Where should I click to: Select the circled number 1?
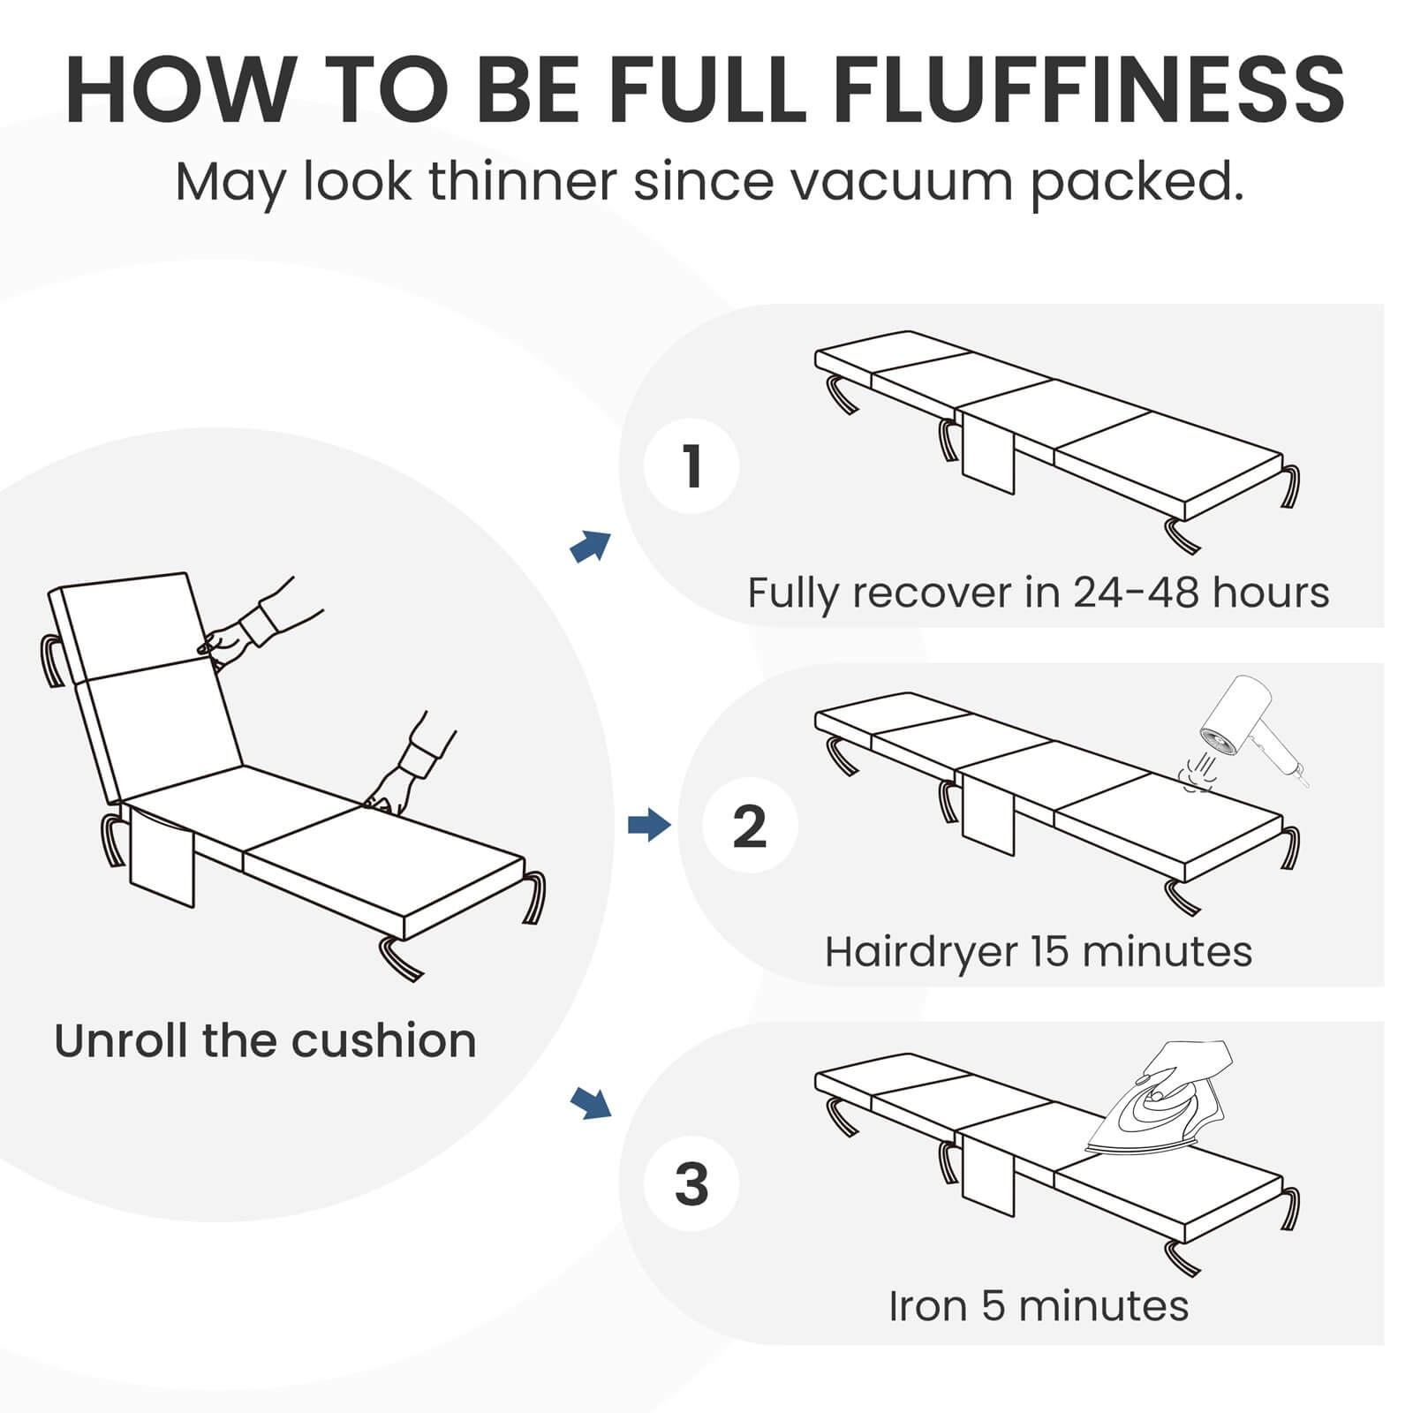click(691, 465)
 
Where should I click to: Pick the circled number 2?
click(750, 826)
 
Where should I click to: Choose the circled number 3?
click(691, 1184)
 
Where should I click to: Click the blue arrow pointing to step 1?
click(591, 546)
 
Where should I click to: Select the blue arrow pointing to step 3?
click(591, 1102)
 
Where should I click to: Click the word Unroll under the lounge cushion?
click(123, 1040)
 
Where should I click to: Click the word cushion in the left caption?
click(384, 1040)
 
